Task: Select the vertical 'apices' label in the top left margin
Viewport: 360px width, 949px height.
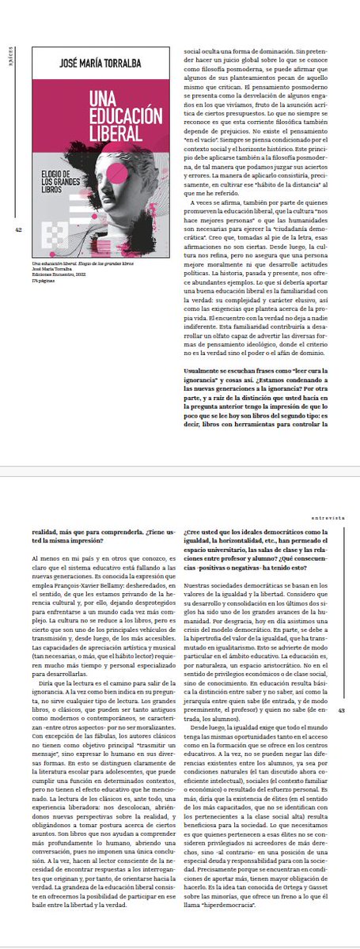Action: tap(9, 57)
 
